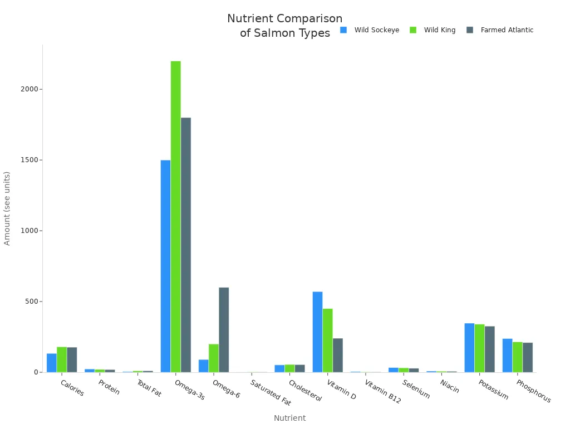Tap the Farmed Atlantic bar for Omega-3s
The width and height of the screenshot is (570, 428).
186,245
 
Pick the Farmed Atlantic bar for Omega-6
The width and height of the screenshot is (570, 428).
224,329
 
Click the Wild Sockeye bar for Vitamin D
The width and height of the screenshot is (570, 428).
317,332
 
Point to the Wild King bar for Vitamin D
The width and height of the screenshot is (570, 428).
327,340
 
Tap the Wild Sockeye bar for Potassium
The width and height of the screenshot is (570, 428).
469,347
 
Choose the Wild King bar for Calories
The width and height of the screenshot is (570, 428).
61,359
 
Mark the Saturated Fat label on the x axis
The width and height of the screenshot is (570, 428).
271,393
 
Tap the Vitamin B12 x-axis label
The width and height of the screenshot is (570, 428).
382,392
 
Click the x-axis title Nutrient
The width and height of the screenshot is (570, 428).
289,418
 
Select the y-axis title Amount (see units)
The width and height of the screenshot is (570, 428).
7,208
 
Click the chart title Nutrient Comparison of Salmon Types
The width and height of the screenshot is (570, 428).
284,26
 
